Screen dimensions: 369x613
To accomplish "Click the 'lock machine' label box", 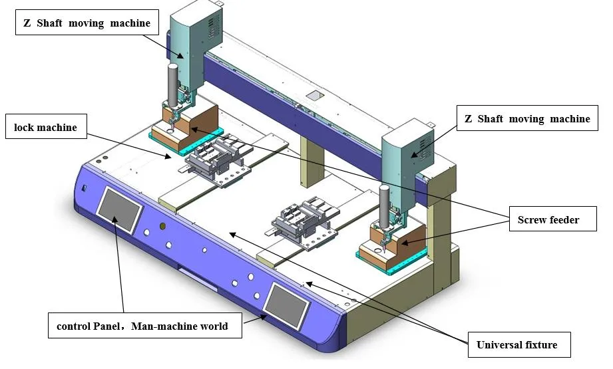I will (x=46, y=127).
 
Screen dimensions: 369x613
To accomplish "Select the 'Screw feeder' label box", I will (x=552, y=219).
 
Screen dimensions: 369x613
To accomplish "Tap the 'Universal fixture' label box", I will (x=516, y=344).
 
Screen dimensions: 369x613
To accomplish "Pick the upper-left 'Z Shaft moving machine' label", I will (x=88, y=23).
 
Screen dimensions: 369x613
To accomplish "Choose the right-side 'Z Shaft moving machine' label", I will (x=526, y=119).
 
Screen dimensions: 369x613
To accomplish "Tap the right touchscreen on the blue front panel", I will (x=287, y=303).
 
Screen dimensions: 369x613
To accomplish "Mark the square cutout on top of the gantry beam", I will (x=312, y=96).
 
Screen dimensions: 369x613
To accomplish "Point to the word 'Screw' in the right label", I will (x=532, y=219).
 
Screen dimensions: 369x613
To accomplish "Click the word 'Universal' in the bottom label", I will (x=499, y=344).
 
